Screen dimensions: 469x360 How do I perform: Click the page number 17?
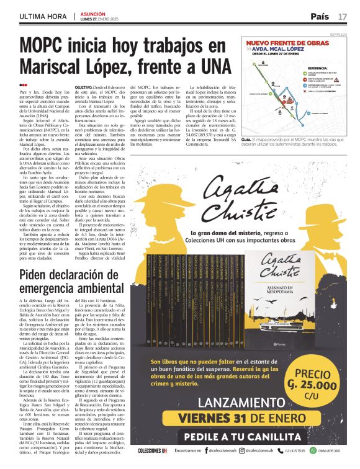click(343, 16)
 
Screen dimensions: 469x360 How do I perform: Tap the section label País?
click(320, 16)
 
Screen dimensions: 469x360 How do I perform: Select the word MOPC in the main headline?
click(52, 47)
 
